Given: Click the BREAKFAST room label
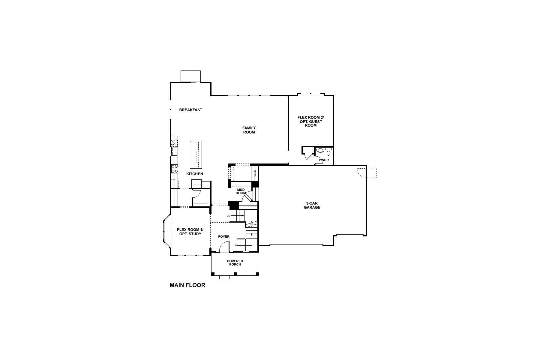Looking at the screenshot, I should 190,110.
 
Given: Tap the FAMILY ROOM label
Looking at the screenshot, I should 249,130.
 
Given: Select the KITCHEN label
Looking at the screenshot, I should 195,174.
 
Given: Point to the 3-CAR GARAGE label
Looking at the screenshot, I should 312,205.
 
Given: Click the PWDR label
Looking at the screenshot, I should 324,160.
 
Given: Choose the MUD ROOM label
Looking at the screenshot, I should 241,191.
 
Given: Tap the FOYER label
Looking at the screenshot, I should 224,237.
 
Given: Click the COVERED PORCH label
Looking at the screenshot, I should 235,263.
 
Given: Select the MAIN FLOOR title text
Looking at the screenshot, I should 187,285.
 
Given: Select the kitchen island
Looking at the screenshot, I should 196,155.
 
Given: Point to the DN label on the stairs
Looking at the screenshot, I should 228,216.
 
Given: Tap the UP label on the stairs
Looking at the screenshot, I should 235,245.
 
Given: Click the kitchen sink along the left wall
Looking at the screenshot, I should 174,151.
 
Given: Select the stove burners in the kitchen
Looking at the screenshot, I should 174,169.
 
